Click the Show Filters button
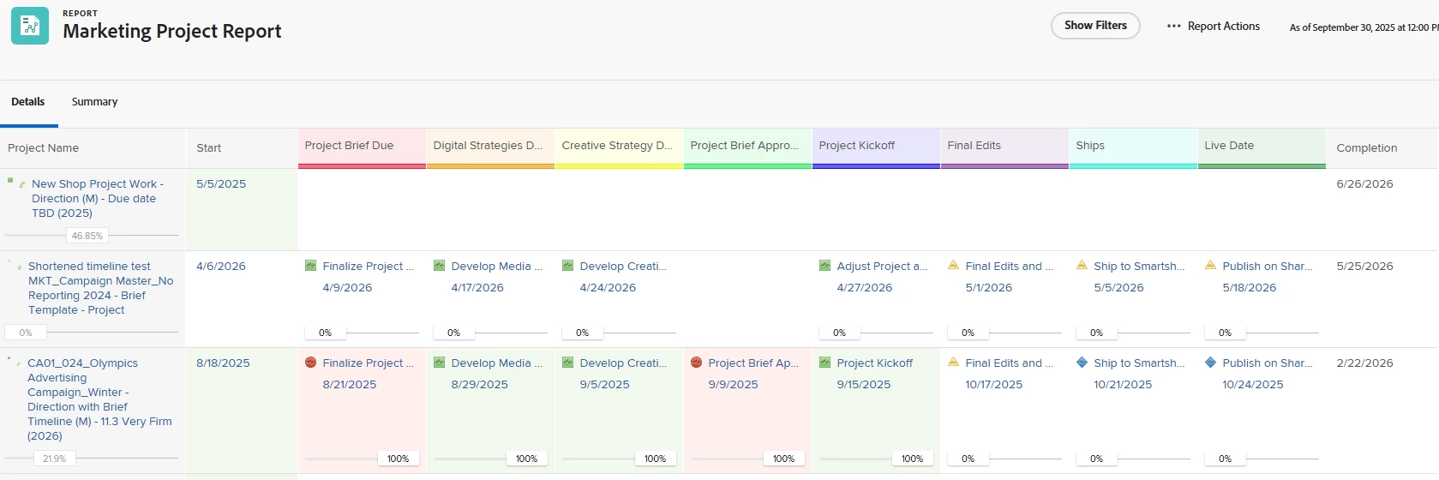[1095, 26]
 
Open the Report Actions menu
[1214, 27]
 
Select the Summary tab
[94, 102]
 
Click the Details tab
[28, 102]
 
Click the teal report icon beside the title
[30, 26]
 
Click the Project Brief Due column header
[350, 146]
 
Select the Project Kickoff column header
[857, 146]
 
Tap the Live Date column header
[1229, 146]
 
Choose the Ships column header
[1090, 146]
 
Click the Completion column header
[1366, 148]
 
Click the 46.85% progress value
[87, 236]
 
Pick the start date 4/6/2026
[221, 267]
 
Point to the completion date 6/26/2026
[1364, 184]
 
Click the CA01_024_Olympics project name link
[82, 363]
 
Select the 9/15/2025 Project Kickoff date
[864, 385]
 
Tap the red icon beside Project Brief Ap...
[696, 363]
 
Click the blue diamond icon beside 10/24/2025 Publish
[1210, 363]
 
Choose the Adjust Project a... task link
[882, 267]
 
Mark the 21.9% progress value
[54, 459]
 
